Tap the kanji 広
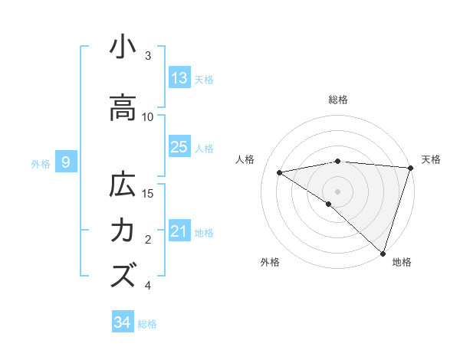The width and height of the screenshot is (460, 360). click(x=123, y=186)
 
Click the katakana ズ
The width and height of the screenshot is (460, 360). click(x=123, y=274)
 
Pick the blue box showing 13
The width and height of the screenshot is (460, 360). click(x=179, y=78)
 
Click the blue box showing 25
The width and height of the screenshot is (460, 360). click(x=179, y=147)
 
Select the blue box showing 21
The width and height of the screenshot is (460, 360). click(x=179, y=231)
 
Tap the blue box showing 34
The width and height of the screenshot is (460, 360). click(x=123, y=322)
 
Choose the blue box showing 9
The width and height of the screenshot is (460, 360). click(x=66, y=162)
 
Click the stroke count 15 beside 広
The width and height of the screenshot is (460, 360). click(x=148, y=193)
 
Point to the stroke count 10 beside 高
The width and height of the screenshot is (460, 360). click(x=148, y=116)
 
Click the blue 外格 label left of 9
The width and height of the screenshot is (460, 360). click(x=41, y=163)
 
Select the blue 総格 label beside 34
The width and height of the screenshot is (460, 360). click(x=147, y=324)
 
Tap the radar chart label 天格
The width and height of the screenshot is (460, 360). click(x=431, y=159)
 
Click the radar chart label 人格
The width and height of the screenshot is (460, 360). click(x=245, y=159)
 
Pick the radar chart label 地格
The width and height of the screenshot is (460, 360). click(x=402, y=262)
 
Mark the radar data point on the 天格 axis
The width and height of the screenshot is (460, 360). click(x=411, y=167)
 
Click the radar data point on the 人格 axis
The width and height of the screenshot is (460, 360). click(x=280, y=172)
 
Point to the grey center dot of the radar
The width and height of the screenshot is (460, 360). click(x=337, y=191)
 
